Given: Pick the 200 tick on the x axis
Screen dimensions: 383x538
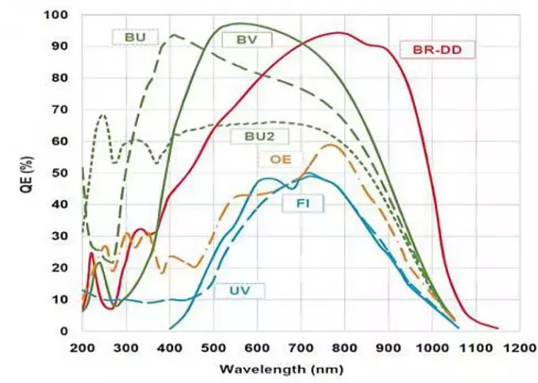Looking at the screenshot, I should click(82, 348).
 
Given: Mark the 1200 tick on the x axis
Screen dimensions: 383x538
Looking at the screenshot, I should click(521, 348).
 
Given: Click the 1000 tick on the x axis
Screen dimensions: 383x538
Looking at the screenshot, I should click(433, 348).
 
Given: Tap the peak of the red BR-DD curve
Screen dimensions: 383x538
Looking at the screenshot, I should click(341, 33).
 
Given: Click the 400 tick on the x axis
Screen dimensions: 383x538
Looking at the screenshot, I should click(170, 348).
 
